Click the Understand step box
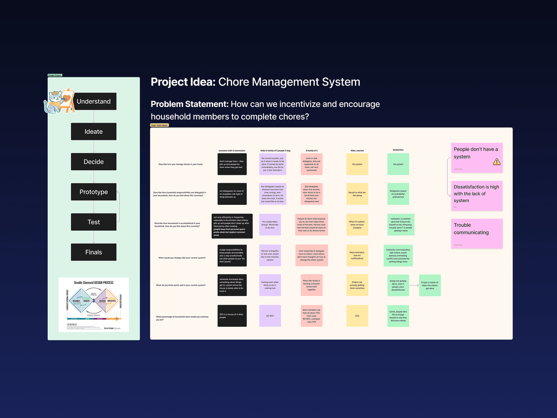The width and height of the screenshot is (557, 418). tap(94, 101)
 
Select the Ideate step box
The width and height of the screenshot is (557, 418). tap(94, 132)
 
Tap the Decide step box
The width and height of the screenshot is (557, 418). tap(94, 162)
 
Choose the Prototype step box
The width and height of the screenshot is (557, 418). tap(94, 192)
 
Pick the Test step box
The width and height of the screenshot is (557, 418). tap(94, 222)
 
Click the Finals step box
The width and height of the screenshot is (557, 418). tap(94, 252)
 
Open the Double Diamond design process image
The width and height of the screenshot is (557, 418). tap(94, 305)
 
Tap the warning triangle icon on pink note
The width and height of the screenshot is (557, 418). tap(497, 162)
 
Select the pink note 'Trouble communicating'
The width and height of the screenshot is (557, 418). tap(477, 233)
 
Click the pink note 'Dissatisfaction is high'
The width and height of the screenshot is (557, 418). tap(477, 196)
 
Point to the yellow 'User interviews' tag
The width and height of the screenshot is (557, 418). tap(159, 125)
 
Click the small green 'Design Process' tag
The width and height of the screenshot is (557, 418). tap(55, 75)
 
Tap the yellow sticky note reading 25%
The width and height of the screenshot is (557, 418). tap(357, 316)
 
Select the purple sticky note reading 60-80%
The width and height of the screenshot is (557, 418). tap(270, 316)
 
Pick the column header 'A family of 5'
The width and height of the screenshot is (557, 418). tap(312, 151)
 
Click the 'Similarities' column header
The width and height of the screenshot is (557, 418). tap(398, 150)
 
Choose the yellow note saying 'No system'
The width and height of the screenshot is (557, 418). tap(357, 164)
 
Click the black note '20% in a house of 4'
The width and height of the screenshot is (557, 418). tap(232, 316)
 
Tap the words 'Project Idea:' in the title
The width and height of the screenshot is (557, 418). tap(183, 82)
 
